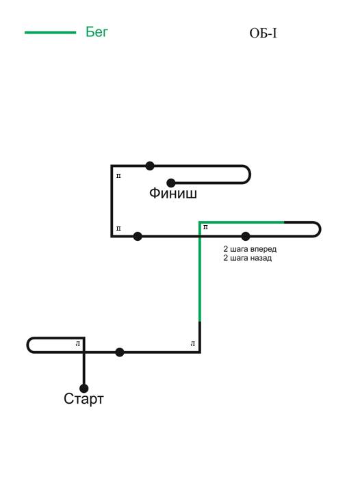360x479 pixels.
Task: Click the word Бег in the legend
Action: click(x=97, y=31)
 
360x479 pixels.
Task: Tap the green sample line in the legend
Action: click(x=51, y=32)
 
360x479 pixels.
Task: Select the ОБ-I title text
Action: click(x=263, y=34)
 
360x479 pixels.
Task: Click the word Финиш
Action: click(x=173, y=193)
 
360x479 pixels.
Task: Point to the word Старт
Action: click(x=83, y=399)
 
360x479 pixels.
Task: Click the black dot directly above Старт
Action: click(x=83, y=388)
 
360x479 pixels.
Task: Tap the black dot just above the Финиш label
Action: click(x=171, y=183)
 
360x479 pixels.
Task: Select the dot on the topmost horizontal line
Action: click(x=150, y=166)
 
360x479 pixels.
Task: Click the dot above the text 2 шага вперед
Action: click(x=246, y=236)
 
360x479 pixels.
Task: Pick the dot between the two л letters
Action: click(x=120, y=352)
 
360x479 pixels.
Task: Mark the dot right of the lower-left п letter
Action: click(x=138, y=236)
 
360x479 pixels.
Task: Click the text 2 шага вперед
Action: click(x=250, y=249)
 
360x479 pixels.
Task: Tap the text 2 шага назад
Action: click(x=248, y=258)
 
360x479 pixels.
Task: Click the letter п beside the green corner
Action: click(x=206, y=227)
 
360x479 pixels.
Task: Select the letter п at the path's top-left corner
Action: click(x=118, y=176)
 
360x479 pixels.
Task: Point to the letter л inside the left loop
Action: click(x=78, y=344)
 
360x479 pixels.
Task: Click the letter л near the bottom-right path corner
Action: click(x=193, y=344)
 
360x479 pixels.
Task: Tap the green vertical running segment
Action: click(x=200, y=272)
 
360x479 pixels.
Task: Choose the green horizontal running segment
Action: click(x=242, y=222)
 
